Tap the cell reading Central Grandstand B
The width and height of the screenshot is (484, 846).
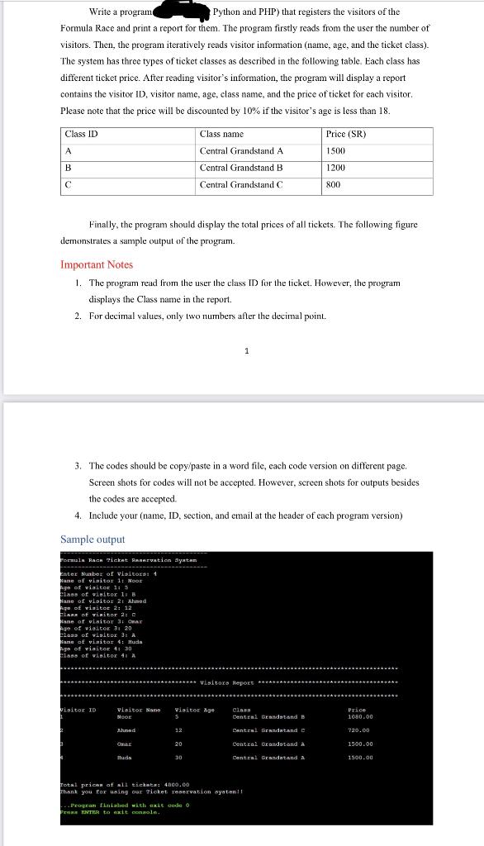[241, 168]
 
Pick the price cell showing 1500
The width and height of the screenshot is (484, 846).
[336, 151]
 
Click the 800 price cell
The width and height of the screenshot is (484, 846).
[334, 185]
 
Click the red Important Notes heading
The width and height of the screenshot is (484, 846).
[97, 265]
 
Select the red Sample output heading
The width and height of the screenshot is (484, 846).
[93, 539]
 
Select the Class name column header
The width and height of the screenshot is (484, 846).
[222, 134]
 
